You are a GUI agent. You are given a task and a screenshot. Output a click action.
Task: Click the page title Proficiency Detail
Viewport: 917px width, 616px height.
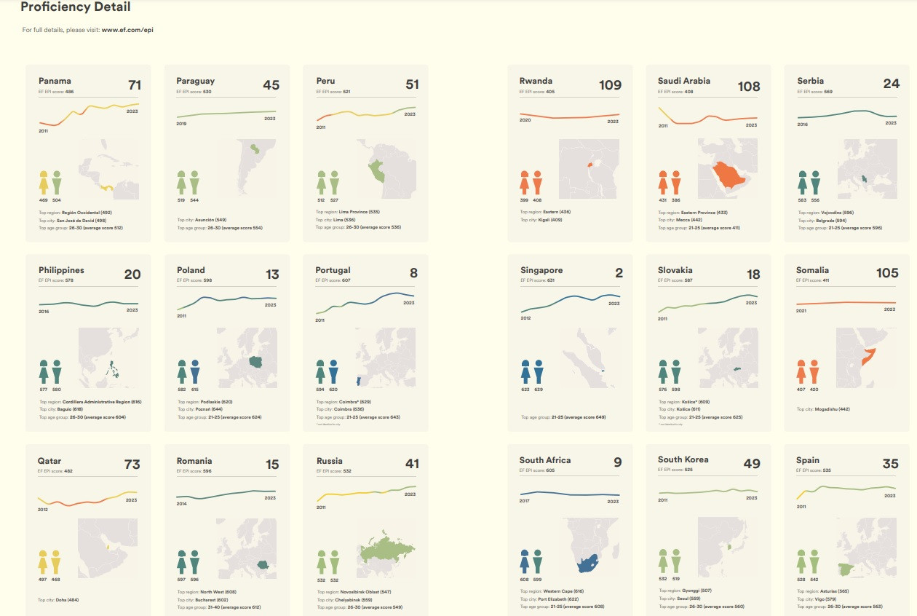click(x=75, y=7)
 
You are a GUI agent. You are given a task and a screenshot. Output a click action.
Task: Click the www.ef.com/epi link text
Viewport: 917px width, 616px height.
click(x=127, y=30)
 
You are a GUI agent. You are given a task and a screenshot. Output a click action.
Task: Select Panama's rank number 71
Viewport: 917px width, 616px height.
click(x=134, y=86)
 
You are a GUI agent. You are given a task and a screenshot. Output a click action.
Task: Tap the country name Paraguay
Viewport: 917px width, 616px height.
click(x=195, y=81)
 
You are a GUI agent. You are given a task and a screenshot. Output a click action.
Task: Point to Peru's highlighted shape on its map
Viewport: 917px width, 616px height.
click(x=376, y=172)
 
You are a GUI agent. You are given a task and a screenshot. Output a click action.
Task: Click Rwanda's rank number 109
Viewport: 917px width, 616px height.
click(x=610, y=85)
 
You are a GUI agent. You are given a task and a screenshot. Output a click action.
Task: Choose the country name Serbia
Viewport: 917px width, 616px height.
click(x=810, y=81)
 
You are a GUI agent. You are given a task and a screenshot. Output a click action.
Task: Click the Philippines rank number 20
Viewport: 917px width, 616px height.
click(x=132, y=275)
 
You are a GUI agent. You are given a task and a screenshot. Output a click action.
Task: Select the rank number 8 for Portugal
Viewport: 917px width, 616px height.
click(x=413, y=274)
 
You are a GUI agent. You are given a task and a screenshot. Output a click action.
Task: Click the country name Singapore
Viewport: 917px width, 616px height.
click(x=541, y=270)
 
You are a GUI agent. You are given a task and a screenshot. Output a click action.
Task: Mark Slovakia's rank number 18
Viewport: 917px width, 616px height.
click(x=753, y=275)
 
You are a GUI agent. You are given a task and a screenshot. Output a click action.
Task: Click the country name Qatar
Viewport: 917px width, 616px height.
click(x=49, y=461)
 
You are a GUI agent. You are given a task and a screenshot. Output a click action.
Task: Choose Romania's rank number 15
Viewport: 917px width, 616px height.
click(x=272, y=465)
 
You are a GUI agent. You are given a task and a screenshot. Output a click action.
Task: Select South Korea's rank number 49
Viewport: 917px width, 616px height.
click(x=751, y=464)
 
